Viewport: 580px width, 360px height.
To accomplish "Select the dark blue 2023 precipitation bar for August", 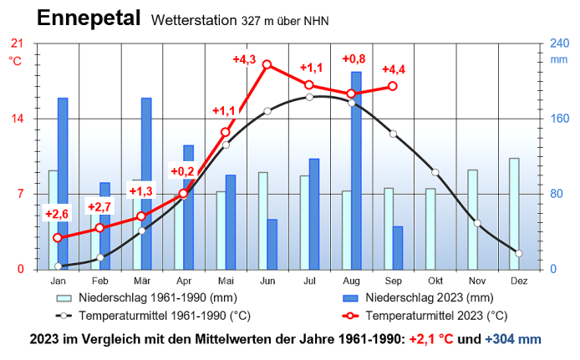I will (x=356, y=170).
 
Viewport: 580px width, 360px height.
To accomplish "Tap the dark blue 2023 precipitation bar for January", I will (x=63, y=184).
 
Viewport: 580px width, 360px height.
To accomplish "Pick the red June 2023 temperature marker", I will (x=267, y=64).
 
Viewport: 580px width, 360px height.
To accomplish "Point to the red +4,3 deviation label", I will (x=244, y=59).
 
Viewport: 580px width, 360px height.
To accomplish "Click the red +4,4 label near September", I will (x=394, y=69).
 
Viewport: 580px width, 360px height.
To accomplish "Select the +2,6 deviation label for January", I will (x=57, y=215).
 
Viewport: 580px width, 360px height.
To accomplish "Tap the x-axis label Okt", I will (x=435, y=282).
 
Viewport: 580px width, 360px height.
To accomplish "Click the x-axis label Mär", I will (x=142, y=282).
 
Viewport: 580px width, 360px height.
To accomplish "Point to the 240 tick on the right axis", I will (x=558, y=43).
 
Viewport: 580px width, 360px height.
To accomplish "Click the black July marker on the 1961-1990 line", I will (x=309, y=97).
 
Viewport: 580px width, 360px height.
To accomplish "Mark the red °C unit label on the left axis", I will (x=15, y=60).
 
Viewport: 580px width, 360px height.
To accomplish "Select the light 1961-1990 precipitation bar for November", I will (x=472, y=219).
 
